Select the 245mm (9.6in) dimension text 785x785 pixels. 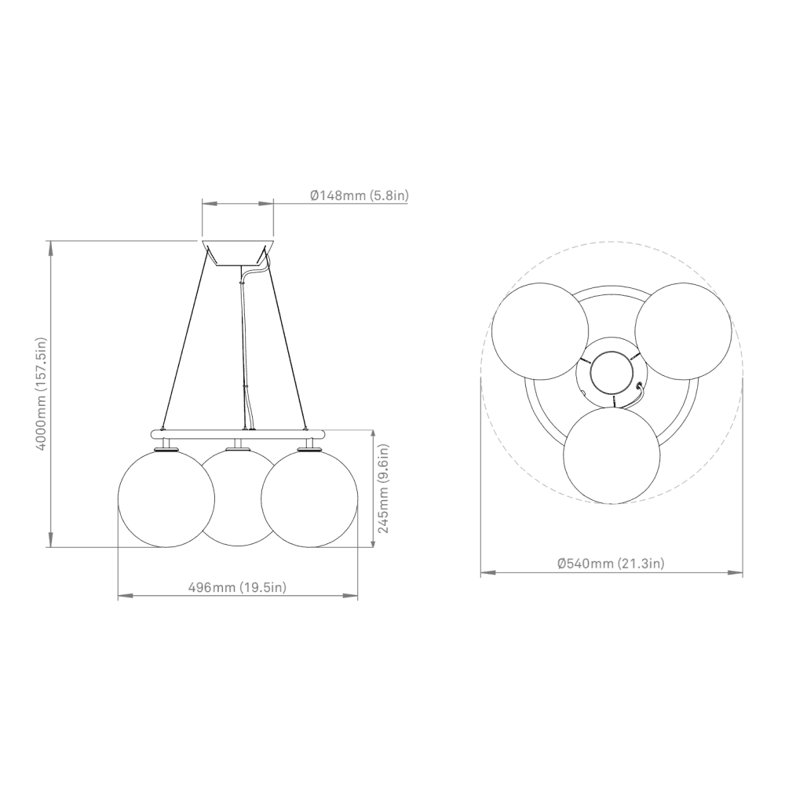[384, 488]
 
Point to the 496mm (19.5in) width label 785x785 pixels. [237, 588]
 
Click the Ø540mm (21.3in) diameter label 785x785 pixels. [611, 563]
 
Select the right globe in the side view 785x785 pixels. [309, 498]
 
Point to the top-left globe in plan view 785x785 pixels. [540, 330]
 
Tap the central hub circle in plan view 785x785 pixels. [611, 371]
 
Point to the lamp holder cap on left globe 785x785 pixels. [166, 448]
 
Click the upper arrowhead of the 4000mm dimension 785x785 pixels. [51, 246]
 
